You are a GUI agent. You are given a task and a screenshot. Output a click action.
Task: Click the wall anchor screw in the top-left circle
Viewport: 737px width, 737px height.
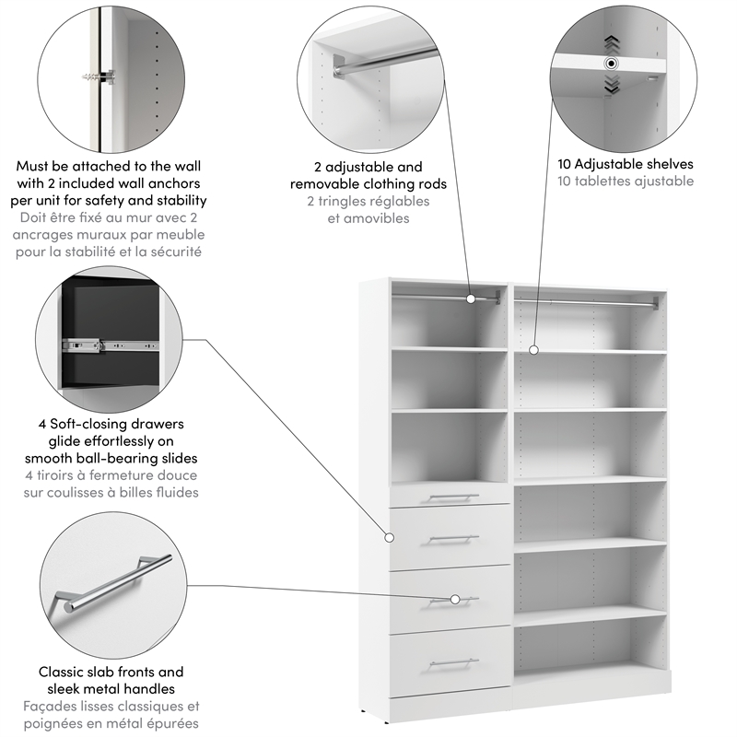coord(100,74)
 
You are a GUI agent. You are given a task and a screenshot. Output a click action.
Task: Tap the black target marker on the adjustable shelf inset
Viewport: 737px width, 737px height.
coord(610,64)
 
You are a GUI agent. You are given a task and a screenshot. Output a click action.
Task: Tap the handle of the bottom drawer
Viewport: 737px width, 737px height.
coord(454,661)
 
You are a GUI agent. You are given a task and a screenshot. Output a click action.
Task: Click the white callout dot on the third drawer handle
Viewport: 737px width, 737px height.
coord(455,600)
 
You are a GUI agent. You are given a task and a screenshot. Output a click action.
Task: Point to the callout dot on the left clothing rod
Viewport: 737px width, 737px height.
coord(471,298)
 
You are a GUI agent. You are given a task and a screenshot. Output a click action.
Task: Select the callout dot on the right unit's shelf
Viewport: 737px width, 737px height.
coord(534,349)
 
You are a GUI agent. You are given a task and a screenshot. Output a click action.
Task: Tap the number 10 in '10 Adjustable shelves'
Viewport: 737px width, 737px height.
coord(566,164)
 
